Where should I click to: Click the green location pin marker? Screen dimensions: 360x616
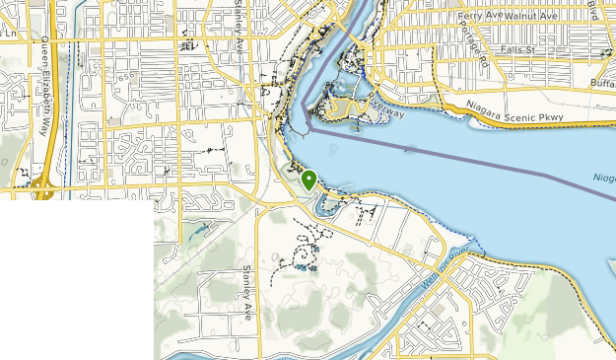[x=309, y=180]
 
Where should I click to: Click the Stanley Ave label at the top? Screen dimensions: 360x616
[x=240, y=20]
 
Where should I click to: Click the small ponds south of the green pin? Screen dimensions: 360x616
[x=302, y=264]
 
